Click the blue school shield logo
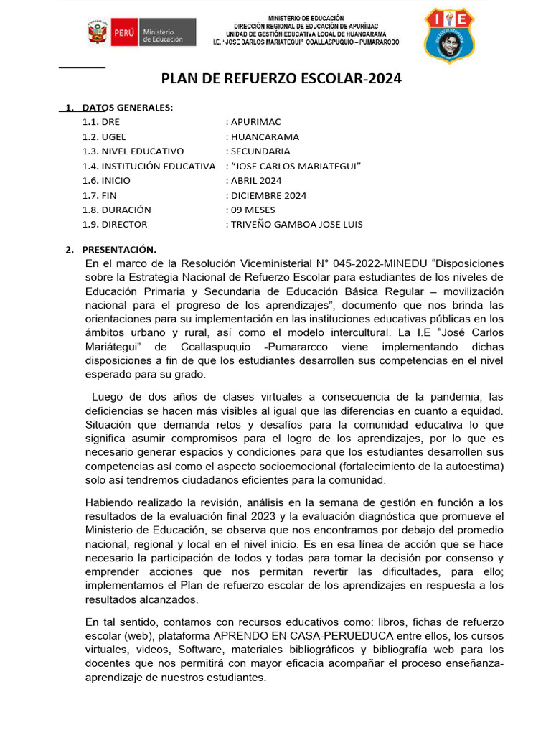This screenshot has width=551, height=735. pos(449,34)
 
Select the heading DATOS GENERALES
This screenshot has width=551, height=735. pos(127,107)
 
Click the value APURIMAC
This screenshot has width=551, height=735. pos(257,122)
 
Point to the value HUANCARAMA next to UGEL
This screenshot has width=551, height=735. pos(265,136)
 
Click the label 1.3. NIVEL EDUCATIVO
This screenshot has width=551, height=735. pos(133,151)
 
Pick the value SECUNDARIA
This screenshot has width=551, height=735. pos(260,151)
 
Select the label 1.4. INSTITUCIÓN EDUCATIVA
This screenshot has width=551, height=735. pos(149,166)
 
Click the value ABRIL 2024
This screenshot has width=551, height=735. pos(256,180)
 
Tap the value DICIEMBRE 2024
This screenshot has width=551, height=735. pos(268,195)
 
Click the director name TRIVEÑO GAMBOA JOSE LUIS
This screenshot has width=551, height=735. pos(296,224)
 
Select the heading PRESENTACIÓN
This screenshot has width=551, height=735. pos(118,249)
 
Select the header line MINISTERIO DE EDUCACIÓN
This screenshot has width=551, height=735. pos(306,17)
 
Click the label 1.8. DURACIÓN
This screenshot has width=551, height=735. pos(116,210)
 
